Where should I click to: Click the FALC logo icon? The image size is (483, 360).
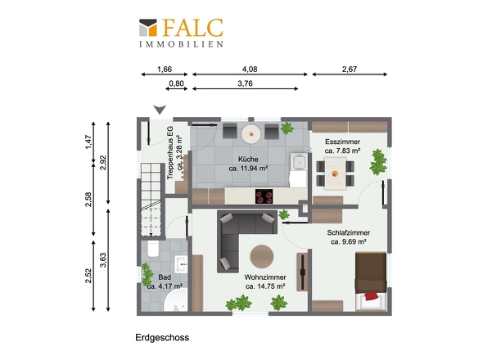point(150,28)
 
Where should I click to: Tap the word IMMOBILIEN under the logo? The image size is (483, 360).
point(181,43)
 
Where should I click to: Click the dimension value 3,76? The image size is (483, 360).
point(244,83)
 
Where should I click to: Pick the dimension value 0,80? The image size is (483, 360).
point(175,83)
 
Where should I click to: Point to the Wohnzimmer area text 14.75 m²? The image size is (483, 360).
point(264,287)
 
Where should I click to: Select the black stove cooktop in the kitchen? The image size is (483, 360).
point(264,196)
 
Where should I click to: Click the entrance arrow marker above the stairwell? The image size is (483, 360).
point(160,109)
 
